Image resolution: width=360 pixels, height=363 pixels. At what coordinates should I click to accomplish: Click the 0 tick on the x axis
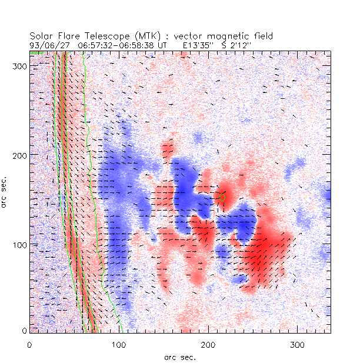click(x=29, y=344)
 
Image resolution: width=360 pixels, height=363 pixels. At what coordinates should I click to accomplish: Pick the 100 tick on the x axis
click(x=119, y=344)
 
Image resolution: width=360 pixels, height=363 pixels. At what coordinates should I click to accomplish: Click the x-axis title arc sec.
click(x=180, y=357)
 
